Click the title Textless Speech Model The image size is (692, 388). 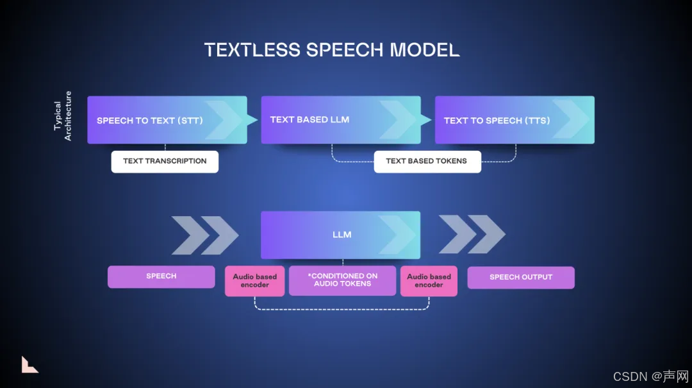tap(331, 50)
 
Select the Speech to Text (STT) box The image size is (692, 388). tap(167, 120)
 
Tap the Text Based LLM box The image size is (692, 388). tap(340, 120)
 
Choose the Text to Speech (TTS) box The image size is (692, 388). tap(515, 120)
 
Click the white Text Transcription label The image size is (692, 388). tap(165, 162)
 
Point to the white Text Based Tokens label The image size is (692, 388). tap(427, 162)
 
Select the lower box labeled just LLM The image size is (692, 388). tap(340, 235)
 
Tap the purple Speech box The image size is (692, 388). tap(161, 276)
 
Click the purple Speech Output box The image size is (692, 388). tap(521, 278)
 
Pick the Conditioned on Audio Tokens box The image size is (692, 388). tap(342, 280)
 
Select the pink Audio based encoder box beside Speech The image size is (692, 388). tap(254, 281)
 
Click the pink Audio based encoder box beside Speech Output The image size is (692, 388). tap(429, 281)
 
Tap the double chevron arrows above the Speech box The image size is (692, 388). tap(204, 235)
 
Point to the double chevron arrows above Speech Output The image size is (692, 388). tap(472, 234)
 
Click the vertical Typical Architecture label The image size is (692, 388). tap(62, 116)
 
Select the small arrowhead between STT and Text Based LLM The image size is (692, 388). tap(252, 119)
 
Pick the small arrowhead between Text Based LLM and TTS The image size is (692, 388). tap(426, 119)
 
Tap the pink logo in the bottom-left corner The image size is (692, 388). tap(29, 364)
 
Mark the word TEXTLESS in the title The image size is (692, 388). tap(251, 50)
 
